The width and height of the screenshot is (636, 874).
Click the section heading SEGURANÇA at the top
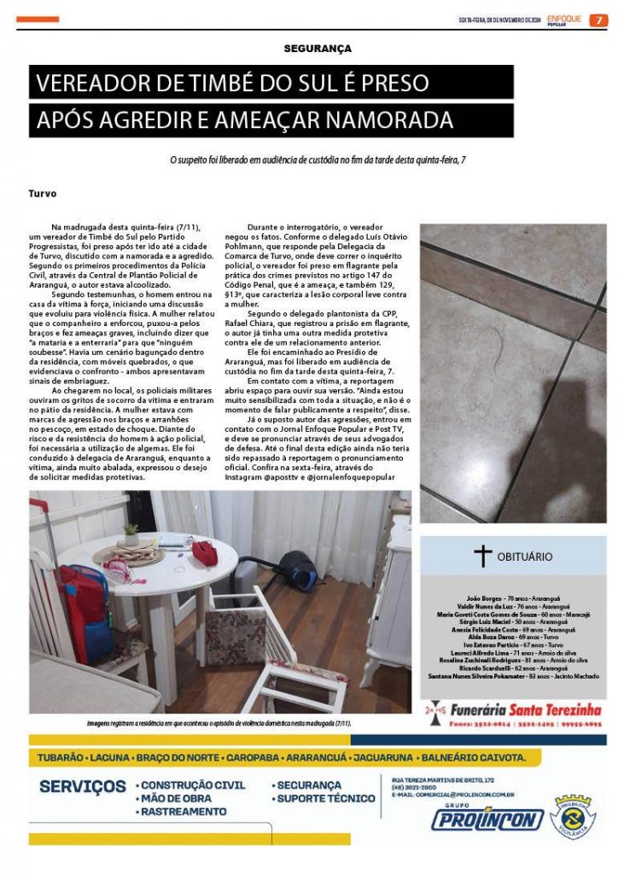318,50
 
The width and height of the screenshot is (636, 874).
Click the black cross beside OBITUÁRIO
482,556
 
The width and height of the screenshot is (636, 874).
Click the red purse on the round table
205,551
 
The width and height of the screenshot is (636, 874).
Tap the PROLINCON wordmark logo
487,820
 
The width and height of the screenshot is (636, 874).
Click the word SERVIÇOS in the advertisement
83,786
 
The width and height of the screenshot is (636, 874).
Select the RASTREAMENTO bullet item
184,813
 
